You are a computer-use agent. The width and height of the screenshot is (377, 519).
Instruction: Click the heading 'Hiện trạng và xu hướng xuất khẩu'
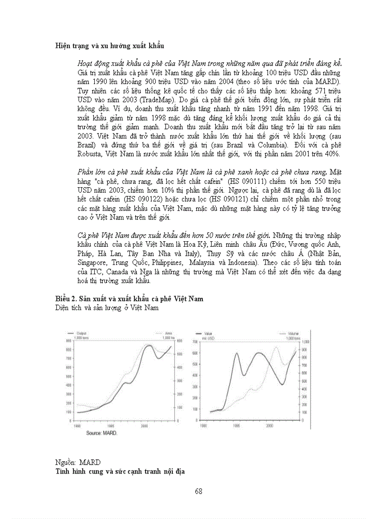coord(109,46)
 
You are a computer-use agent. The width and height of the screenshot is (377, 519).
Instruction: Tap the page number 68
coord(199,491)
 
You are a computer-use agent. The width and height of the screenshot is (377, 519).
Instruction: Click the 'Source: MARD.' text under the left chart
coord(102,433)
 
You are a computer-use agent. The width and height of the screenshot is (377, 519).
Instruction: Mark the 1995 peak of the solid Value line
coord(237,353)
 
